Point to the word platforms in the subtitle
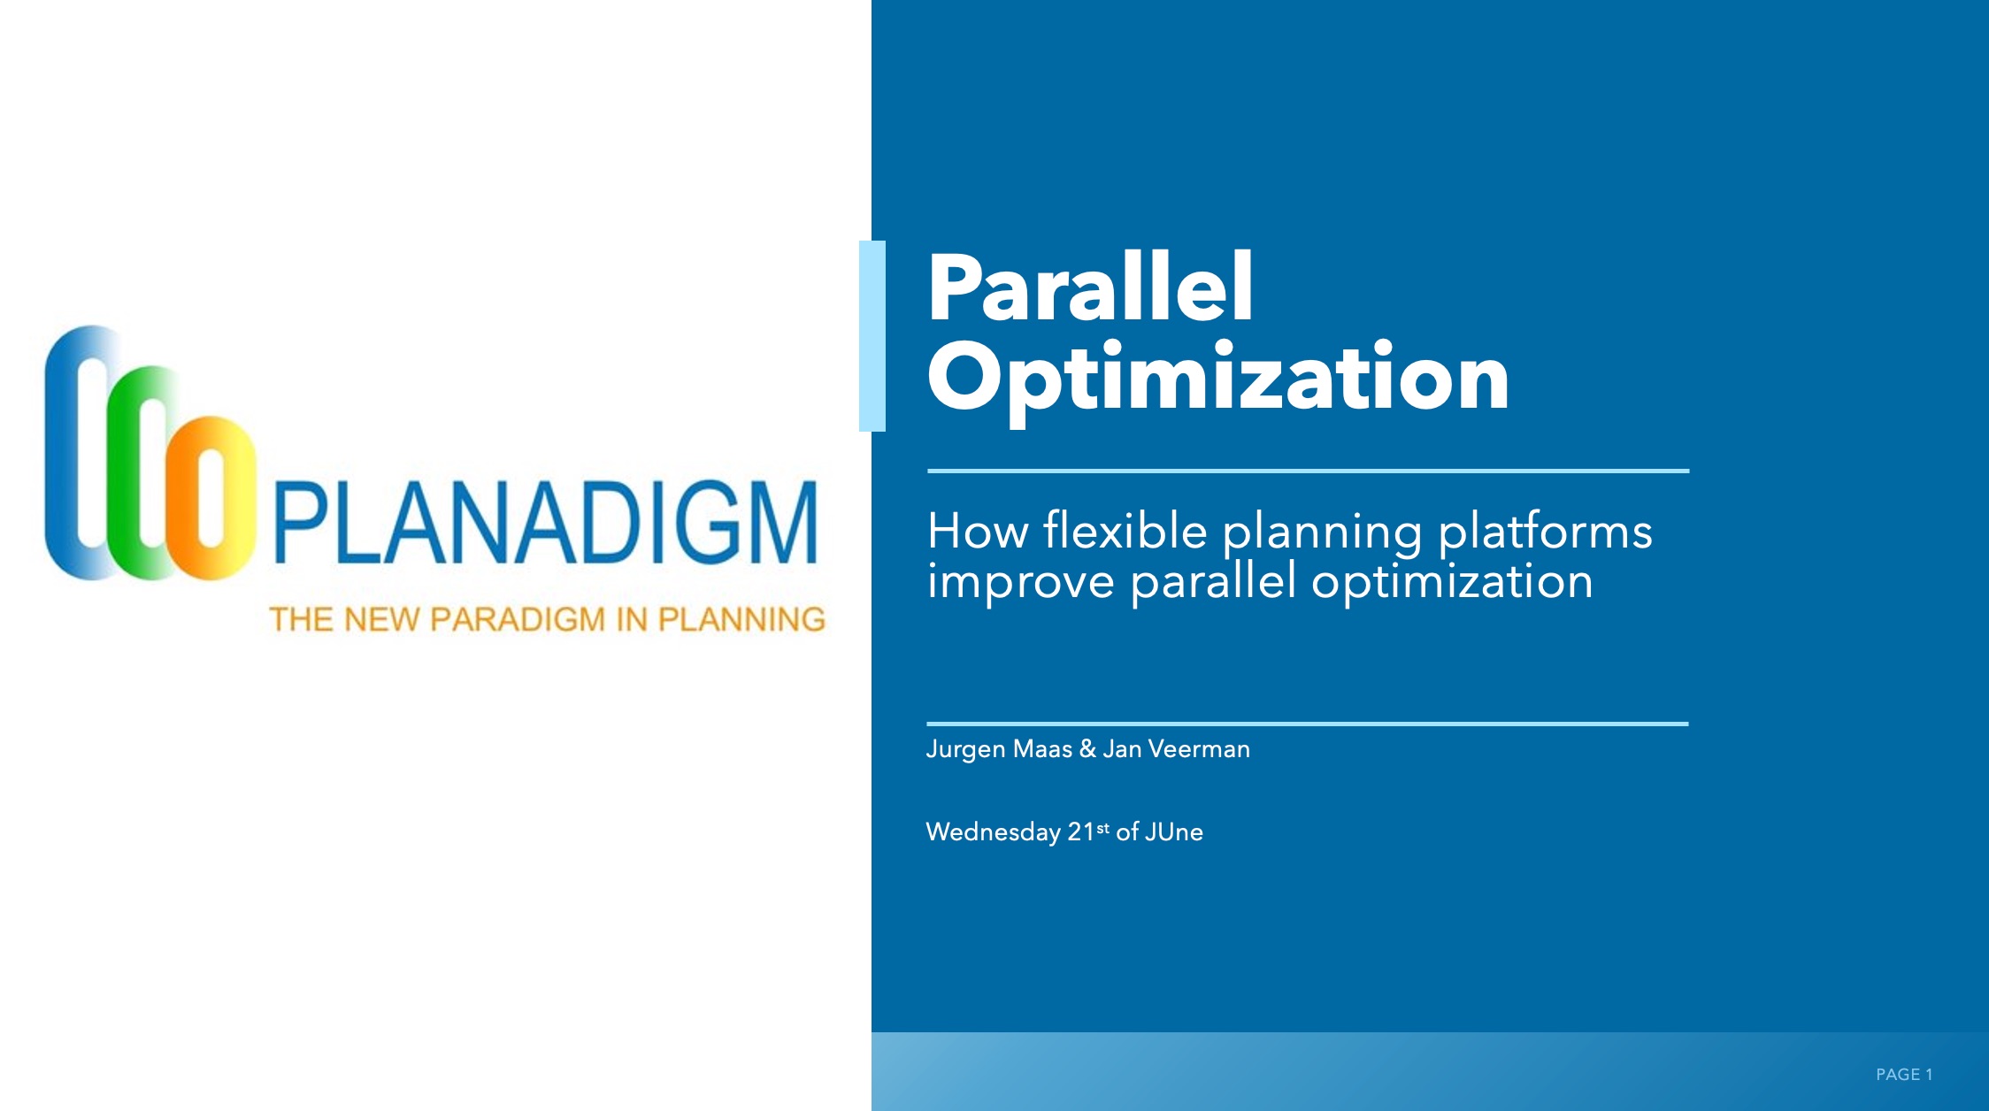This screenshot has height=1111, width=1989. coord(1545,533)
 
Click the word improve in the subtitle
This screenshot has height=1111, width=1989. coord(1021,583)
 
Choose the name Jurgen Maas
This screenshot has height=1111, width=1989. coord(999,750)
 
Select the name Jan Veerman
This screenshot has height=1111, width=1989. coord(1176,749)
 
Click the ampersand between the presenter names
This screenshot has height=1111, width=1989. coord(1087,749)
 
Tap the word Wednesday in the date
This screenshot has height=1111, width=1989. coord(993,832)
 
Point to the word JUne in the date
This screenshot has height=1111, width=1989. coord(1173,831)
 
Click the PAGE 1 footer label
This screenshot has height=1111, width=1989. coord(1904,1074)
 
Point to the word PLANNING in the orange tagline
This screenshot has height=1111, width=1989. coord(741,619)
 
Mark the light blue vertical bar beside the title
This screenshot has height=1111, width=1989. coord(872,336)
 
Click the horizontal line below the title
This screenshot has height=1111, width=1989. coord(1308,471)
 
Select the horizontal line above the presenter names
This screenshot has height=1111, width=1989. coord(1308,724)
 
